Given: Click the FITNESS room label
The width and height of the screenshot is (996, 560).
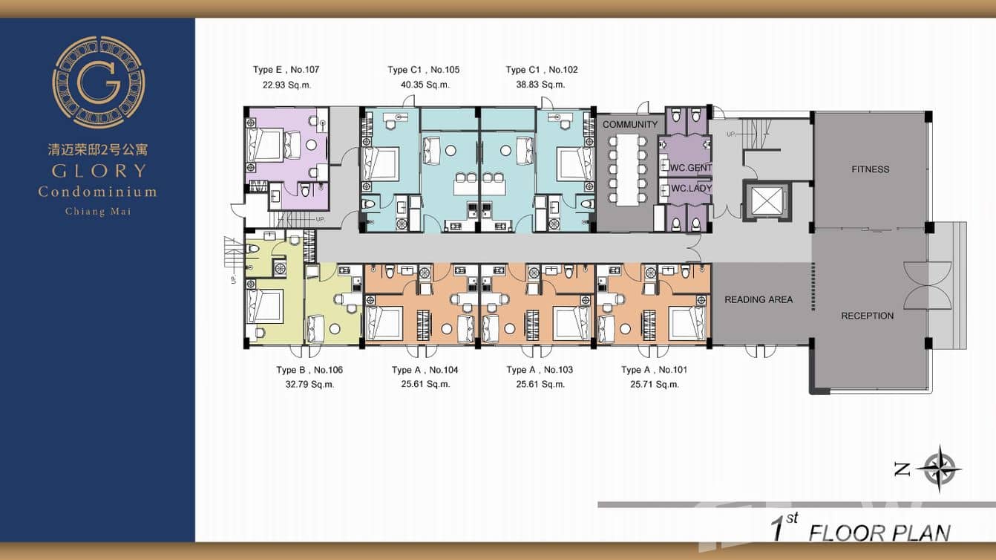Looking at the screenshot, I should point(870,169).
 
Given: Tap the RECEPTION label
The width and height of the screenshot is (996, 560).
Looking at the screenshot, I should point(867,316).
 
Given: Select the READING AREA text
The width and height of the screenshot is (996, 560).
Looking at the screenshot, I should point(758,299).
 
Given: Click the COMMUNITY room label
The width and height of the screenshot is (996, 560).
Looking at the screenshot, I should point(629,124).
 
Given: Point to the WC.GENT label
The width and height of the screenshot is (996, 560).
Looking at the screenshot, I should point(691,168).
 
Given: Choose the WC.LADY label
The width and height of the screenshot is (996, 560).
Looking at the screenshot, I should point(691,189).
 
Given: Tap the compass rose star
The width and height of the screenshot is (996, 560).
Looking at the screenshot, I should point(939,469).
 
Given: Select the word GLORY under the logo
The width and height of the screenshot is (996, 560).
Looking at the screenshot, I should point(98,171).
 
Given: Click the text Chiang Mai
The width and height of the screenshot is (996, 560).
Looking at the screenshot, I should point(98,212).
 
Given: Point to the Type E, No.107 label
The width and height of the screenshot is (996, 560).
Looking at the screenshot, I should point(286,70).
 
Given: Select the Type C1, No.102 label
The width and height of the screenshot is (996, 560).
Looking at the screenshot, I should point(542,70).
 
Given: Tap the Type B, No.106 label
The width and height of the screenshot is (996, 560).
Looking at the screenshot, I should point(309,370).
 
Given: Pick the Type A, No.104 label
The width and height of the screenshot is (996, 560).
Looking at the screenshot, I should point(425,370).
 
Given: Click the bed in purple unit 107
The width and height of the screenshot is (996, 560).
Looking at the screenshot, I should point(266,144).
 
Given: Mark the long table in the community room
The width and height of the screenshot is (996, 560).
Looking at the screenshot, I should point(629,169).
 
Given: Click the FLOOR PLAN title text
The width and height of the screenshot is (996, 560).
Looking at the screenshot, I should point(879,533).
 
